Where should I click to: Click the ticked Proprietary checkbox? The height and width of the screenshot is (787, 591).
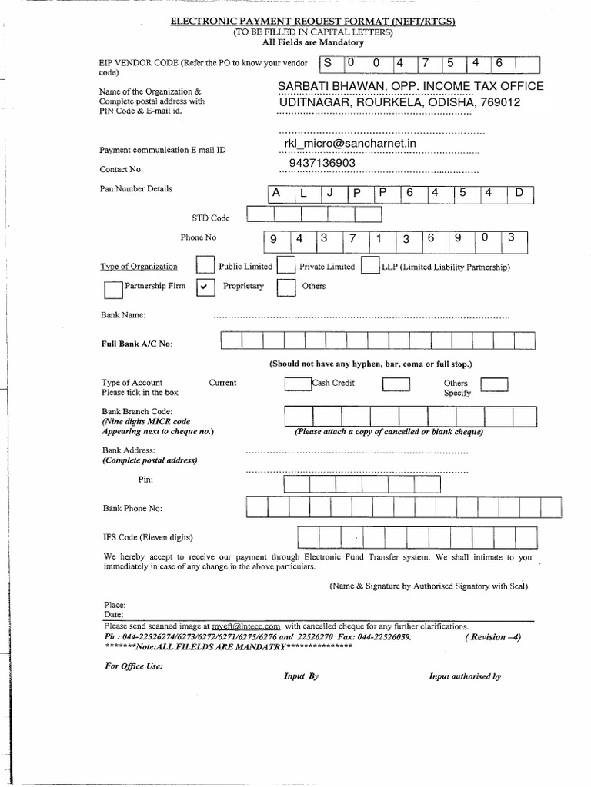205,287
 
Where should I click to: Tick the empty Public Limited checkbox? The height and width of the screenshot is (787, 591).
205,265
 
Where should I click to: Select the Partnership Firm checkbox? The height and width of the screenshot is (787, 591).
112,289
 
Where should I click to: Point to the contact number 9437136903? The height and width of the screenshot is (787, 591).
322,164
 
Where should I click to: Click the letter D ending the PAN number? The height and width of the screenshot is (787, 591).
518,194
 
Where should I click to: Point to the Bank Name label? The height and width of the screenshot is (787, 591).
124,315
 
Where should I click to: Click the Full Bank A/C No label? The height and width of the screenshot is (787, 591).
137,344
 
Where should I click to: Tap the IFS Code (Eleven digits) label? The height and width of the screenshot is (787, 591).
148,536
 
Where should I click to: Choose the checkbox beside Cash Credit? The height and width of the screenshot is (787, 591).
297,384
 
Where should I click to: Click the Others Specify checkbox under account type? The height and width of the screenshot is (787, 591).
494,384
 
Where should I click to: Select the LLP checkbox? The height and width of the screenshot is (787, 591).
370,265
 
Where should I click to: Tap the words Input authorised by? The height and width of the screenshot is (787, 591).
465,676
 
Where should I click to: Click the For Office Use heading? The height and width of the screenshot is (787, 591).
133,666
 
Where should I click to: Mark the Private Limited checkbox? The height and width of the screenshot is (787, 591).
286,265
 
